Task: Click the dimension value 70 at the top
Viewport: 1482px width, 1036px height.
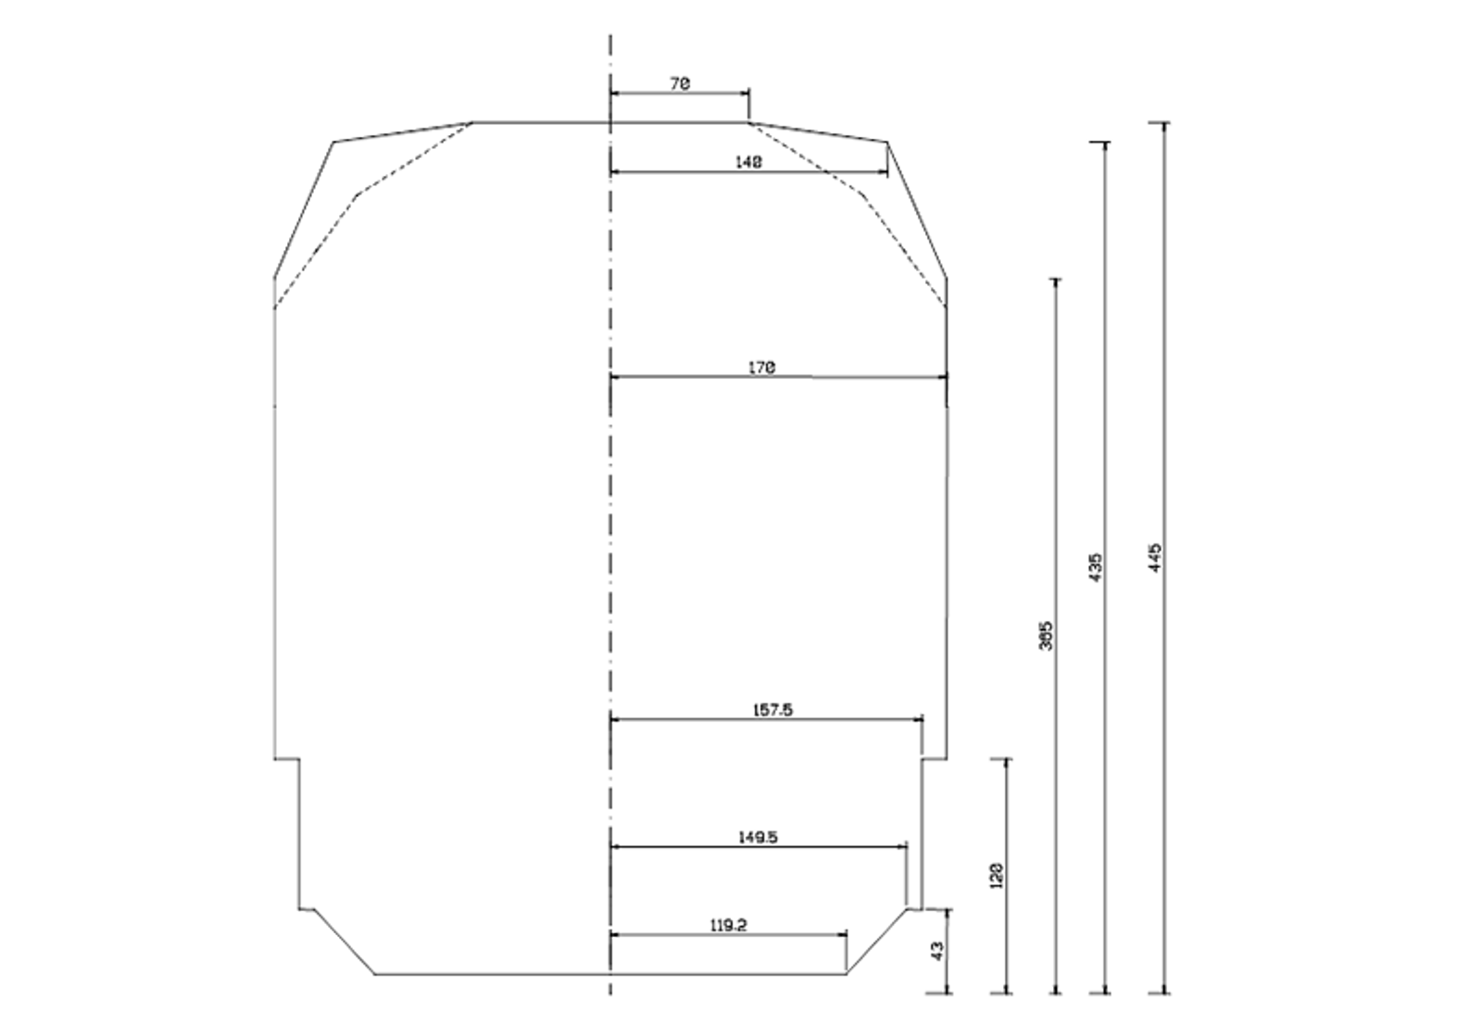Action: point(680,83)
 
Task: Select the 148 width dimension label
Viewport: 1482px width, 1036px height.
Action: point(748,162)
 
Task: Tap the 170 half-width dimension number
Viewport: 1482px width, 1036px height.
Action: point(761,368)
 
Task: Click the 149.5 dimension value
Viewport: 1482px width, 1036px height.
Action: point(758,837)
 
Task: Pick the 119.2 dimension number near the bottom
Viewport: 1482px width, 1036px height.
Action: point(729,925)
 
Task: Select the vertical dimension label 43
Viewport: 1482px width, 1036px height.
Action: point(936,951)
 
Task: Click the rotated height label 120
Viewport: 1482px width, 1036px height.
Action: point(997,876)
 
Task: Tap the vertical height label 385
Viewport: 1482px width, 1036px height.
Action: point(1046,635)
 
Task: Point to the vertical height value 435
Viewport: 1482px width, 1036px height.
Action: point(1095,568)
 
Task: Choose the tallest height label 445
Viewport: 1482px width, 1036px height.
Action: point(1154,557)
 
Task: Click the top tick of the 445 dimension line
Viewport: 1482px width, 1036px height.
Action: point(1164,122)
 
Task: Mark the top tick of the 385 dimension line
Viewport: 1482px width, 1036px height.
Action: point(1056,279)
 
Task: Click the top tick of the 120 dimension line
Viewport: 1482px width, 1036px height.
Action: point(1007,759)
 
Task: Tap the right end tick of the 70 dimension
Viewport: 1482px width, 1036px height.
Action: point(748,94)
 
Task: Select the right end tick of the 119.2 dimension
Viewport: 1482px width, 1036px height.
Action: point(847,935)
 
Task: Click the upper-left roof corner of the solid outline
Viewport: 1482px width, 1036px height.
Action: point(333,143)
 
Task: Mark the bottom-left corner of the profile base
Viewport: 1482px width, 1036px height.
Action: point(374,973)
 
